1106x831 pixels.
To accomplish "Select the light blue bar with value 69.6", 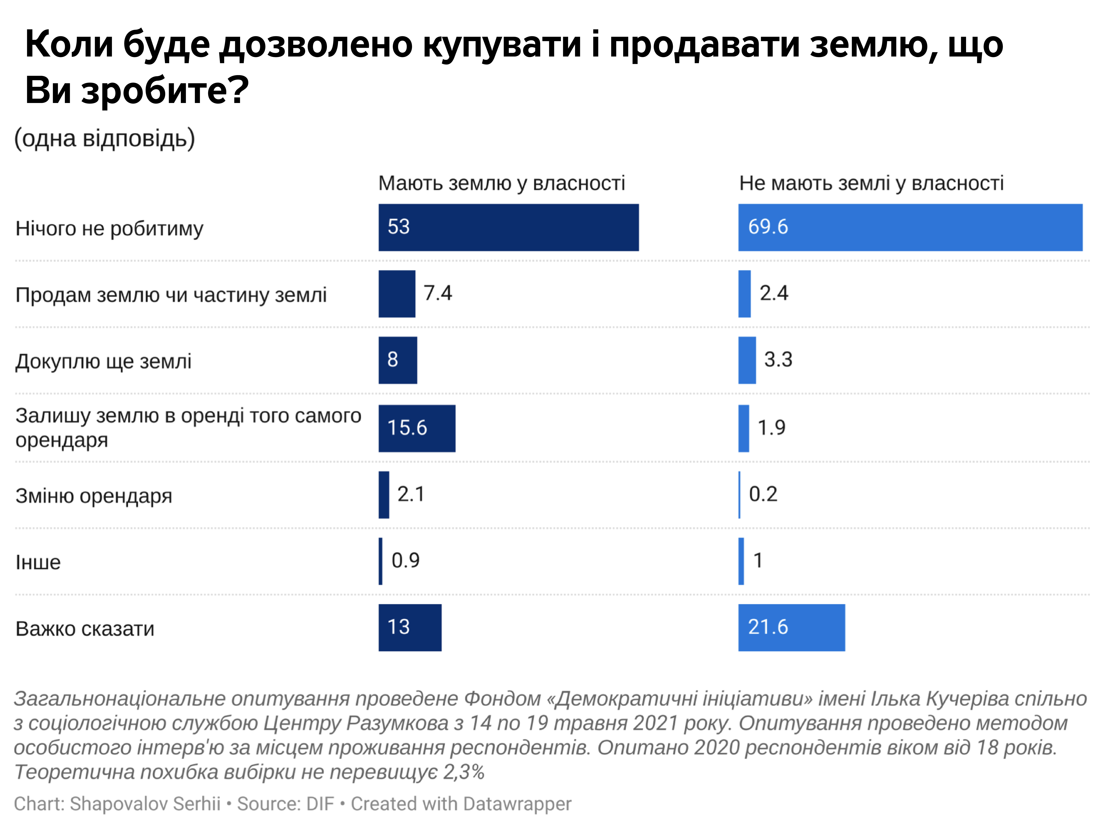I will coord(910,228).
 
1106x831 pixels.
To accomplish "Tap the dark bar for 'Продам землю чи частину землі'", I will coord(396,294).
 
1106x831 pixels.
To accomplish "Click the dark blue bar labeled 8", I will coord(398,360).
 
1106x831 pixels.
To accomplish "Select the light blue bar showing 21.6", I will coord(792,627).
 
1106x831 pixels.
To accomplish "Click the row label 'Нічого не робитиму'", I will coord(109,228).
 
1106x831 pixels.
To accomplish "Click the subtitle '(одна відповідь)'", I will coord(104,138).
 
